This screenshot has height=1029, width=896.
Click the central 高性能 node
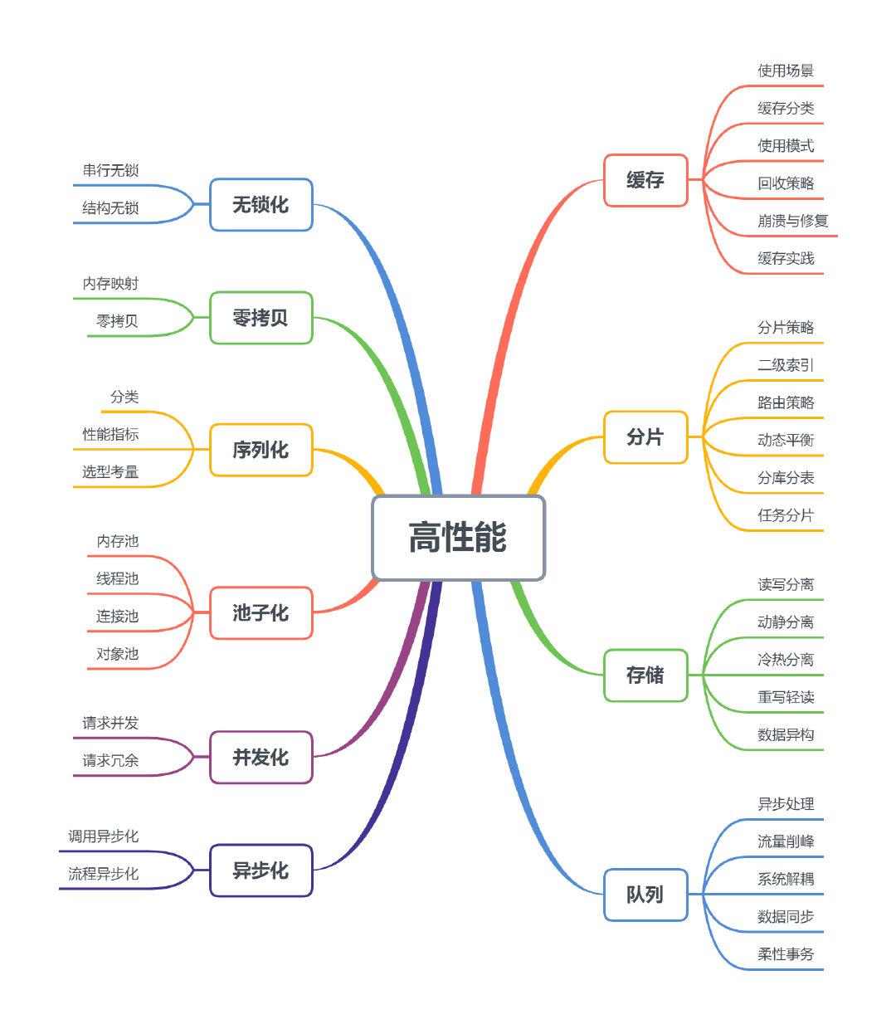(x=458, y=538)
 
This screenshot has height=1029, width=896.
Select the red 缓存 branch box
(x=645, y=180)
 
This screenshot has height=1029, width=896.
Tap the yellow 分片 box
(x=645, y=436)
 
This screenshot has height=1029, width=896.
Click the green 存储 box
(x=645, y=675)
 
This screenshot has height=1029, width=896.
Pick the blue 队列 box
(x=645, y=895)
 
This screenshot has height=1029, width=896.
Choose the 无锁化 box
(x=261, y=205)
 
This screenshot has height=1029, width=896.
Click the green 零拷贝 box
(x=261, y=318)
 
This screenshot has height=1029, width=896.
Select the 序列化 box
(x=261, y=450)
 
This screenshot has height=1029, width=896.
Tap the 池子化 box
(x=261, y=613)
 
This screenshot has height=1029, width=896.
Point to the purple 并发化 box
(x=261, y=758)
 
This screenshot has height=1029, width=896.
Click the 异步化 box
(x=261, y=871)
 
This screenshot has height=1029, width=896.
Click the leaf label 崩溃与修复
(x=792, y=221)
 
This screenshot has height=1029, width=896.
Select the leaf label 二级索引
(x=785, y=365)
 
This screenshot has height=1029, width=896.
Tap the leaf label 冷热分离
(x=785, y=660)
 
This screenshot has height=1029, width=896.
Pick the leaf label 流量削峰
(x=785, y=841)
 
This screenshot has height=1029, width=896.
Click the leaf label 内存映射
(x=110, y=284)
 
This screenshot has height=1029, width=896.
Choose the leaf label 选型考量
(x=110, y=472)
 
